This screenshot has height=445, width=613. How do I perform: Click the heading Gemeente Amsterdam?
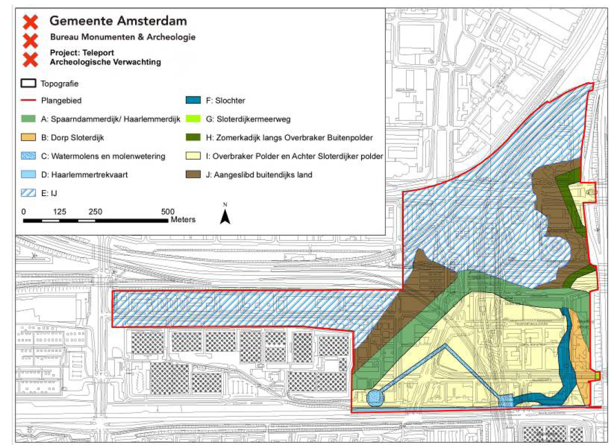118,21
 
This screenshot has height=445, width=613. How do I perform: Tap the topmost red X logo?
30,22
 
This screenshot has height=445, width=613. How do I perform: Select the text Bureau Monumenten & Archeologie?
122,37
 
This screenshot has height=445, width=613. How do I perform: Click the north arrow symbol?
225,215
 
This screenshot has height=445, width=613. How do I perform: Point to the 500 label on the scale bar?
167,212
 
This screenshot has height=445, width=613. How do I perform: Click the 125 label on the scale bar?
60,212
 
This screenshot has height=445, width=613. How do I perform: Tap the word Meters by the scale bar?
183,219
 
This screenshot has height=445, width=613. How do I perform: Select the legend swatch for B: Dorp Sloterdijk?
29,137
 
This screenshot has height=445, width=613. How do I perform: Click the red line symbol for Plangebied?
29,101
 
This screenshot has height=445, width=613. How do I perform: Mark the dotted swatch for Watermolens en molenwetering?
29,156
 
